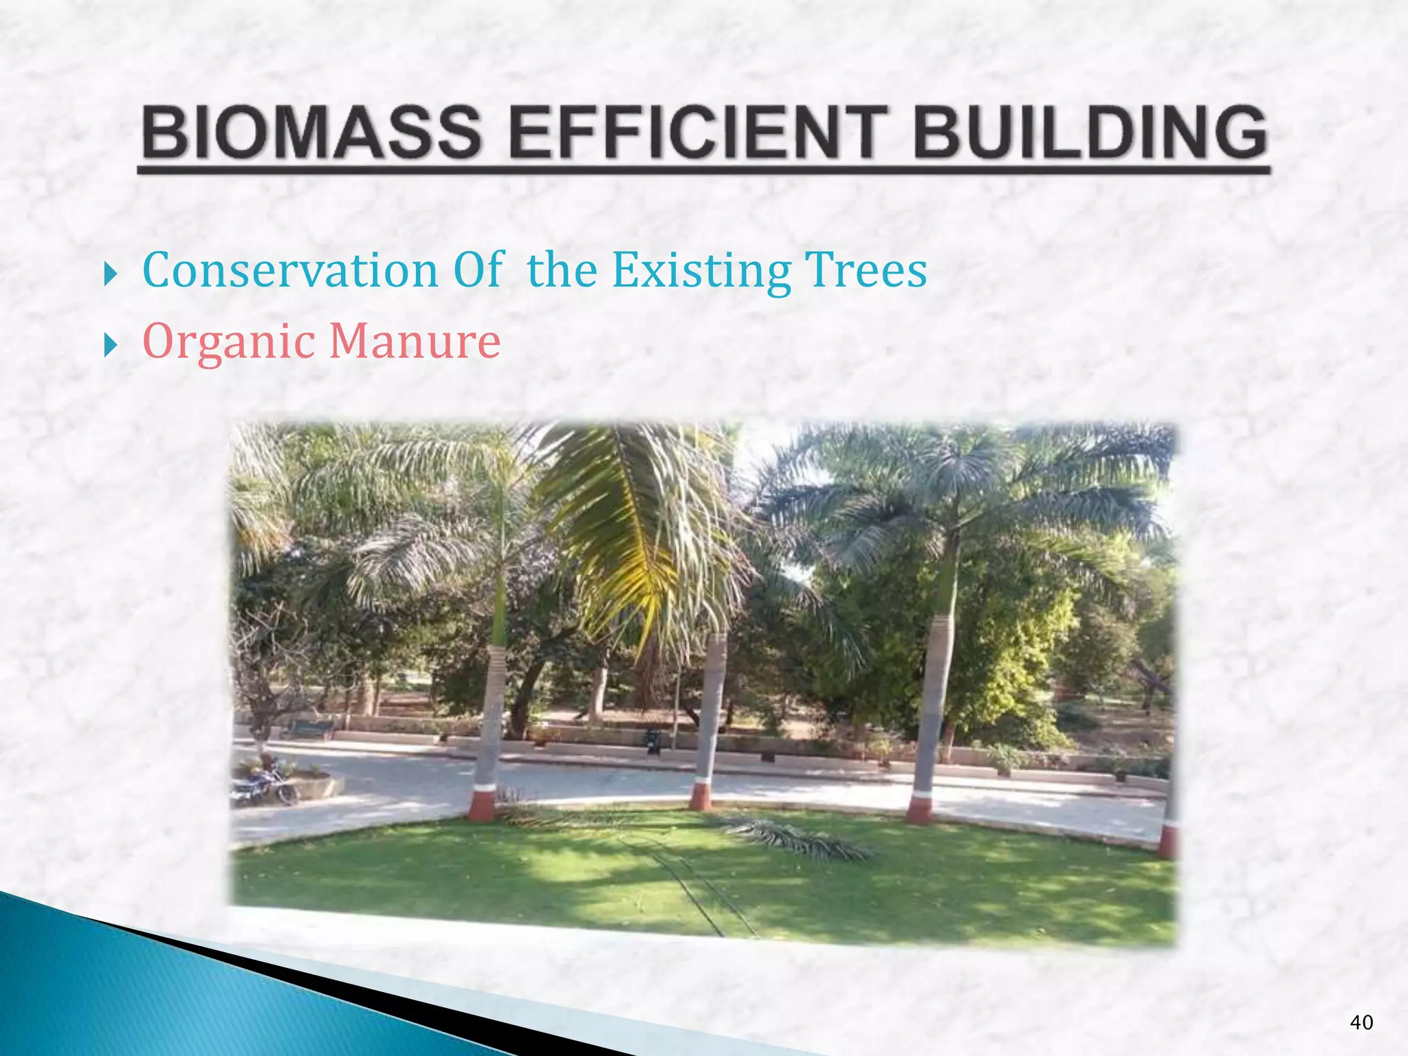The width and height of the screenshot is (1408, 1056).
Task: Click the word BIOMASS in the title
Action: click(311, 132)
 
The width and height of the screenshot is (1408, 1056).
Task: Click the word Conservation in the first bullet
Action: click(290, 269)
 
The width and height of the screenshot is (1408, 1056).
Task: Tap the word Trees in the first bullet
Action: click(866, 269)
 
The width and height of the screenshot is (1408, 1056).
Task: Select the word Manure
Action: click(415, 341)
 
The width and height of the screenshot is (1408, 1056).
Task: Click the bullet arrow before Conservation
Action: click(110, 273)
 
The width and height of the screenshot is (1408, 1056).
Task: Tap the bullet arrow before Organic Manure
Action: click(110, 344)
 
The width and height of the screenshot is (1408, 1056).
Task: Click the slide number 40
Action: click(1361, 1022)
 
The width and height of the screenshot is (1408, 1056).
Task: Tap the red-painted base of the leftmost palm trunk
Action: click(482, 805)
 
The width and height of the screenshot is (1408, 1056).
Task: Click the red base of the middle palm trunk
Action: click(701, 795)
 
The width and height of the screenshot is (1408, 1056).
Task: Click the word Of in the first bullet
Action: click(478, 269)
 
